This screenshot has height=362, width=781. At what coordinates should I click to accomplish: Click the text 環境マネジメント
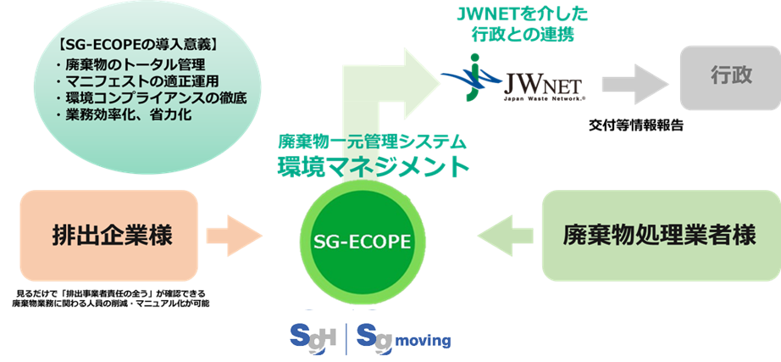[374, 167]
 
